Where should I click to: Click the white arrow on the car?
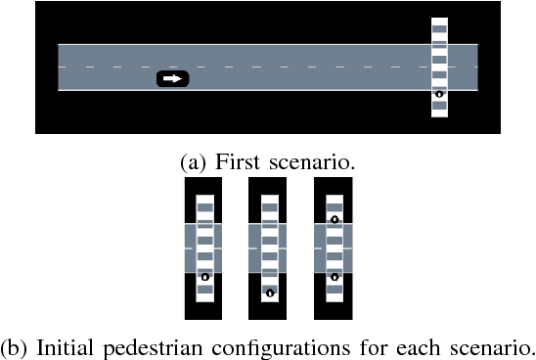point(172,78)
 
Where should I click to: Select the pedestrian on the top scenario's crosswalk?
point(439,95)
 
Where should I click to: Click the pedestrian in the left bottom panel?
point(204,277)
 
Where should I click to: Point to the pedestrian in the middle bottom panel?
point(269,292)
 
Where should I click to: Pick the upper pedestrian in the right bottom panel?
point(335,219)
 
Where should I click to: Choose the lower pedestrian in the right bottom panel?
point(335,277)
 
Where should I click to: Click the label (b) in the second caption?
point(16,347)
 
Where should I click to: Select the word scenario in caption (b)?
point(490,347)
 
